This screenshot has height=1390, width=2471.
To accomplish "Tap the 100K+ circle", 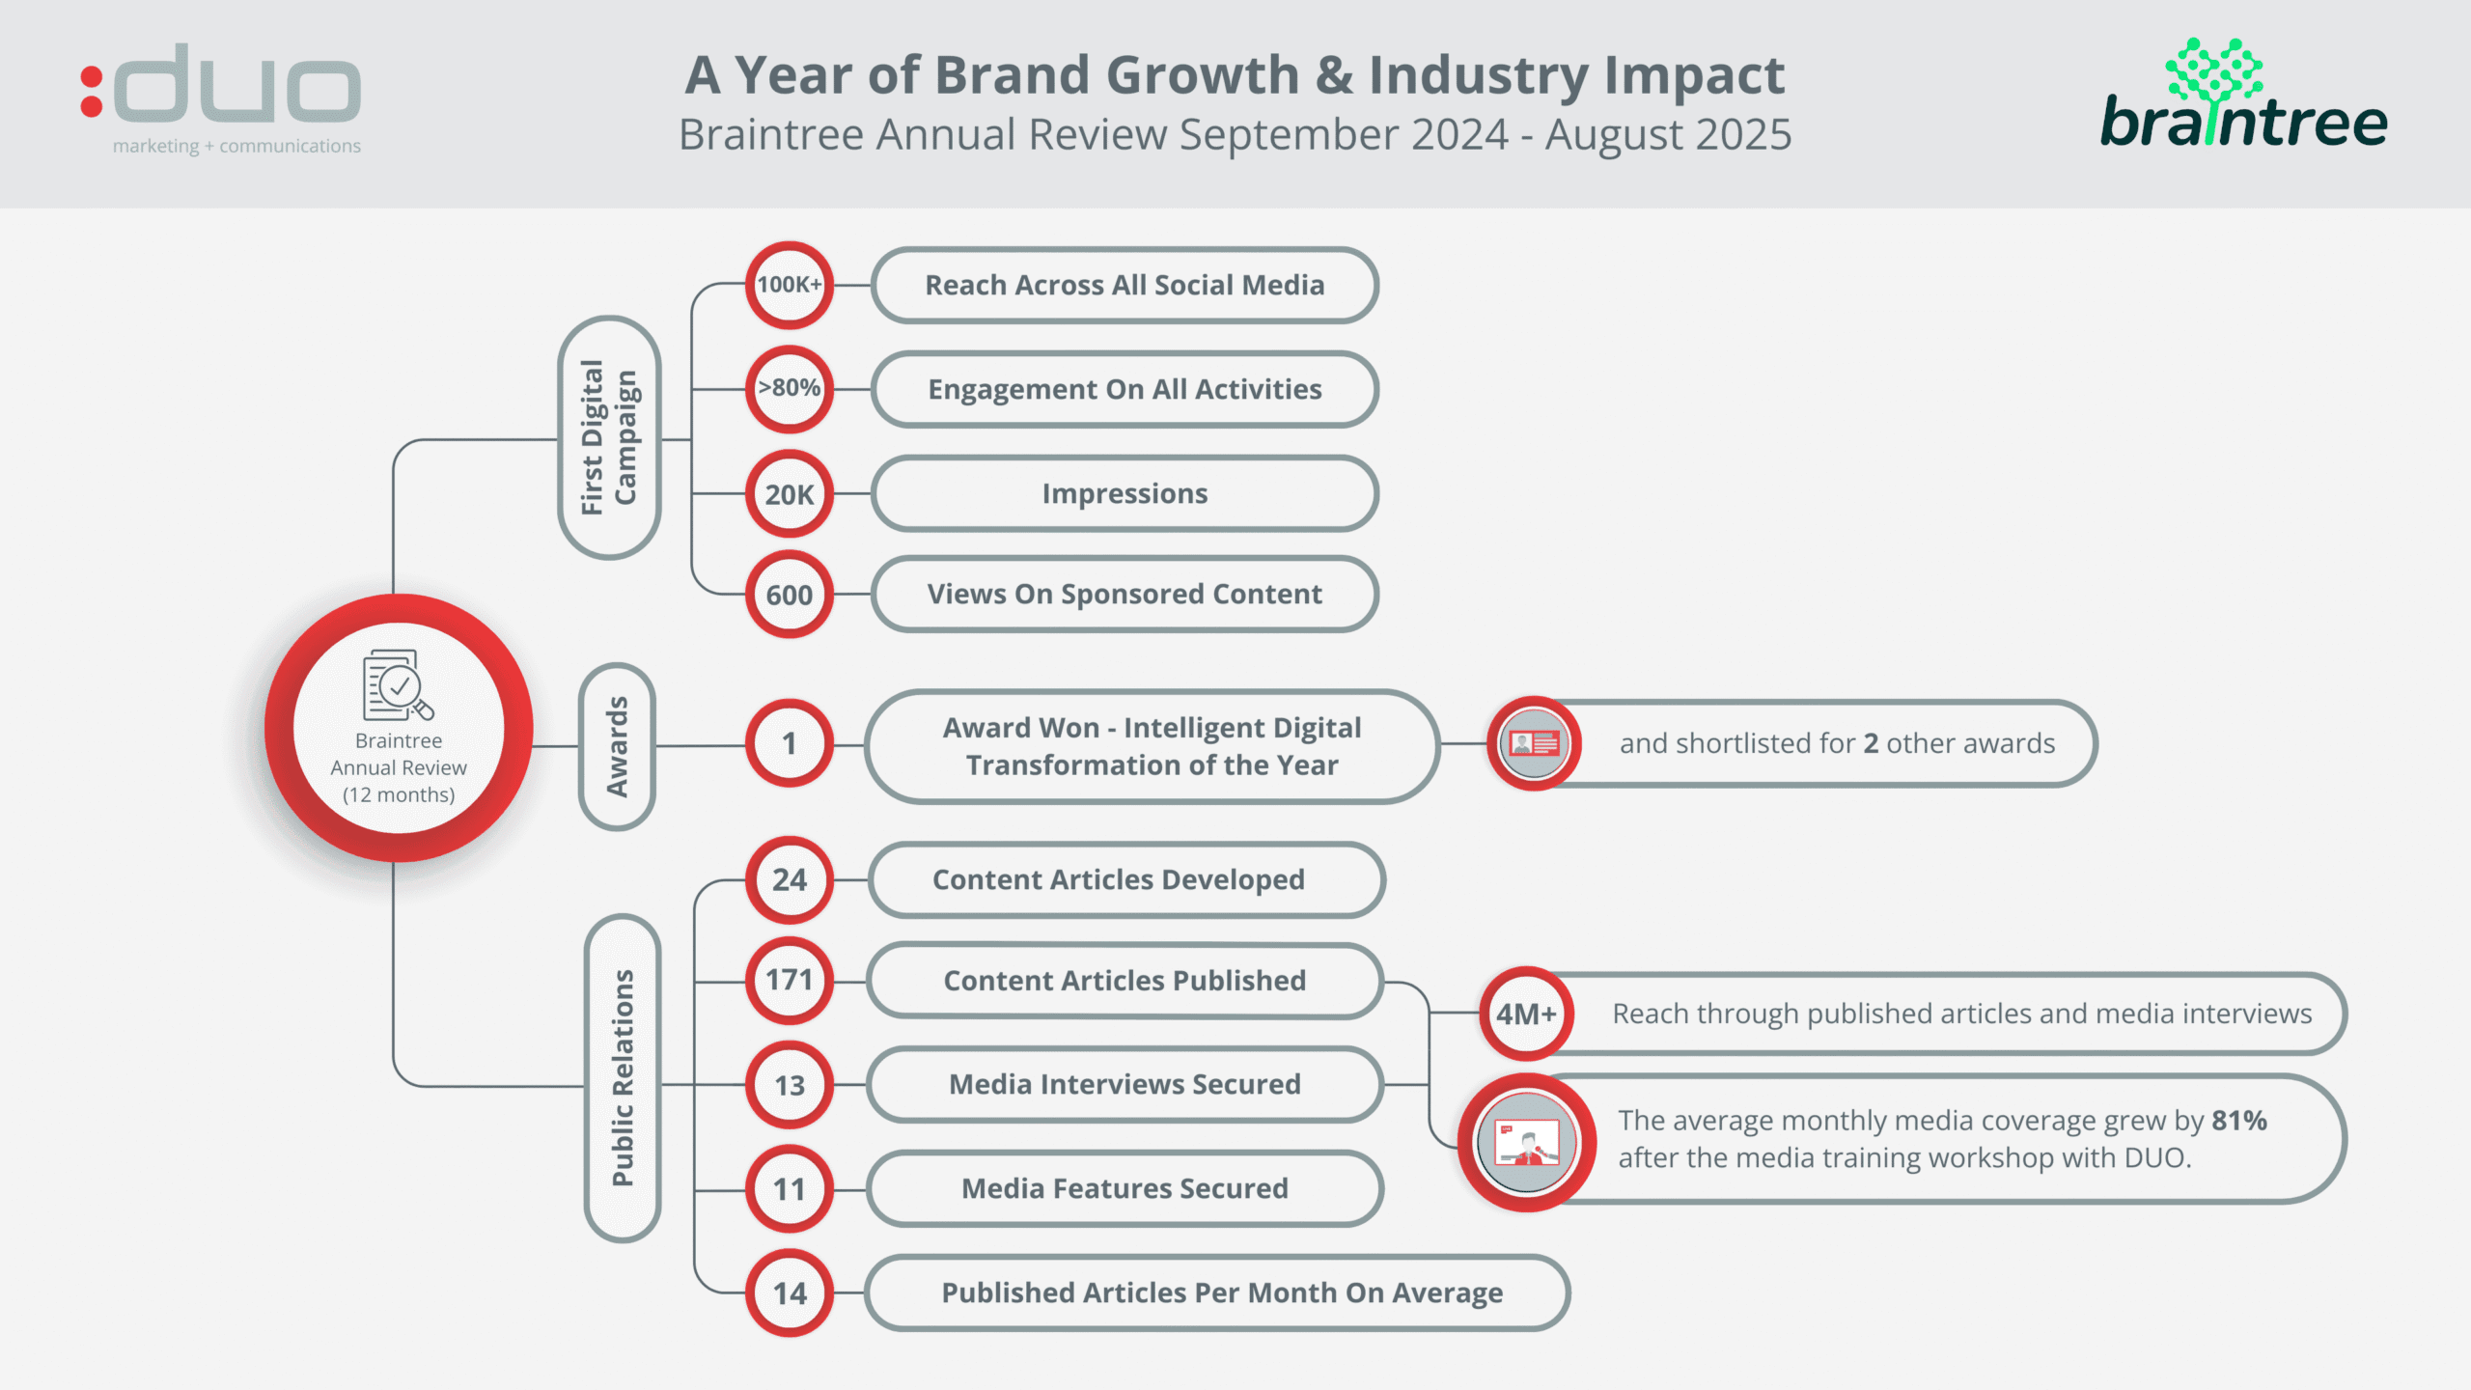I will [x=789, y=285].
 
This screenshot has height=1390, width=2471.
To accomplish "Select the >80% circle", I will [x=789, y=388].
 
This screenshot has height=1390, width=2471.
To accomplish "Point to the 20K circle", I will [x=789, y=494].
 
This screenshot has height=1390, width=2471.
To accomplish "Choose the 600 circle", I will [x=789, y=595].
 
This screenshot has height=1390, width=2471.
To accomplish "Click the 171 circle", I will [x=789, y=980].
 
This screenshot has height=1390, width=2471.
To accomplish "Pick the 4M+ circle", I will [x=1525, y=1014].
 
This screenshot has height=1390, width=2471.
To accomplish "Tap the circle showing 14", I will [x=789, y=1293].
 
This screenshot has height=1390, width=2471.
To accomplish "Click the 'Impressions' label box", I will [x=1124, y=493].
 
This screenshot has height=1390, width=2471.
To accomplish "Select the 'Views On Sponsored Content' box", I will [x=1124, y=594].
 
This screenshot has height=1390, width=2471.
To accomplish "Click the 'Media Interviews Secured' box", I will [x=1124, y=1084].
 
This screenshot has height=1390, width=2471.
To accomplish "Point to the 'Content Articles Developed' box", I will [x=1124, y=879].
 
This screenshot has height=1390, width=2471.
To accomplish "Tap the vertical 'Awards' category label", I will [x=618, y=746].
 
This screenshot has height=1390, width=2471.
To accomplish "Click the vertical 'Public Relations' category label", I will [x=623, y=1078].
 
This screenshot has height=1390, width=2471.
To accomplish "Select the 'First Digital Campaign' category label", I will [x=609, y=437].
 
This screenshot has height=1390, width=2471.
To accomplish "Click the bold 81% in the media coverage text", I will [x=2238, y=1120].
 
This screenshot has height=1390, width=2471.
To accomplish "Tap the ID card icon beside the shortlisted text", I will [x=1533, y=743].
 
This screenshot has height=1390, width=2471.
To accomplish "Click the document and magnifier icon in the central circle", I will [x=397, y=684].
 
